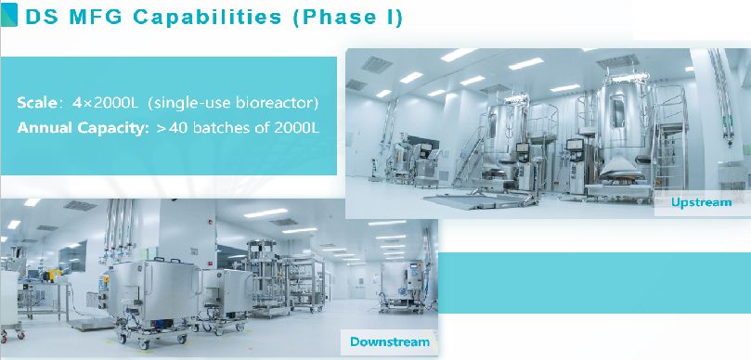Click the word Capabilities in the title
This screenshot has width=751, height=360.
[x=207, y=17]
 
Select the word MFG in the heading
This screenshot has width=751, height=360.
[x=97, y=17]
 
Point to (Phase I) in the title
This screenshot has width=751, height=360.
[x=346, y=17]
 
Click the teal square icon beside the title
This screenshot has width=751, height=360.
[x=9, y=15]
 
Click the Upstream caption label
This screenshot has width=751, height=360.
[x=701, y=202]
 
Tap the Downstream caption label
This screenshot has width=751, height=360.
[x=390, y=341]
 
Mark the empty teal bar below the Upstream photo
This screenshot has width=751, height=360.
[x=594, y=283]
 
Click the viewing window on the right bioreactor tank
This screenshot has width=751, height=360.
[x=617, y=110]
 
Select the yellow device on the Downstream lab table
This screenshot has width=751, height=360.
[x=52, y=275]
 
